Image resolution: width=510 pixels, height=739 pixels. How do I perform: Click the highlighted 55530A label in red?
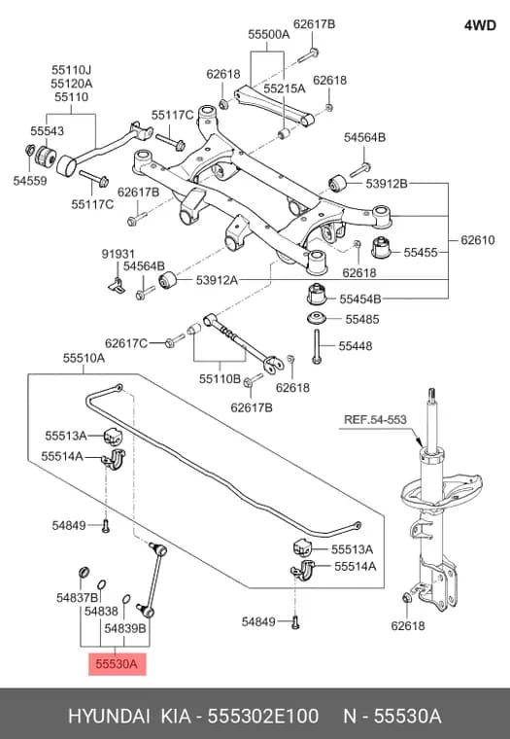[118, 664]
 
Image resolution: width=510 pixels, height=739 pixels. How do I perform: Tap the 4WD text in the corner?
[480, 25]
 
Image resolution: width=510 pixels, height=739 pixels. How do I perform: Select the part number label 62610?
[478, 240]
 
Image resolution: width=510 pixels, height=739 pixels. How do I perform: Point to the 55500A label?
[269, 34]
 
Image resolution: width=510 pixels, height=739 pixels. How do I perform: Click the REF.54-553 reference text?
[375, 419]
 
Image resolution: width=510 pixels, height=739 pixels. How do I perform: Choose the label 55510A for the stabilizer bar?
[84, 358]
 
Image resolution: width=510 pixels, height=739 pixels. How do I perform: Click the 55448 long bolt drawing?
[317, 346]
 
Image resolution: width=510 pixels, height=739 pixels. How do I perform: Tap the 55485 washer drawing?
[319, 318]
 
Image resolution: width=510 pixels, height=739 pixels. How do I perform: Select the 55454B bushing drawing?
[319, 293]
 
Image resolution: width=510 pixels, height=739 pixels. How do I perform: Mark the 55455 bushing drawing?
[382, 247]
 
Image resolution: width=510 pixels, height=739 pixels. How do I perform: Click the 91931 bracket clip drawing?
[117, 284]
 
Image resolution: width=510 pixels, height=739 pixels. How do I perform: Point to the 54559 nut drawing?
[29, 151]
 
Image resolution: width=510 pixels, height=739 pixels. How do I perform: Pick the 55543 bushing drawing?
[47, 156]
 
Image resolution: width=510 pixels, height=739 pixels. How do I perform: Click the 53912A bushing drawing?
[167, 280]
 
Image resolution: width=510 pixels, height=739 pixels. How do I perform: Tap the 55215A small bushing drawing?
[284, 133]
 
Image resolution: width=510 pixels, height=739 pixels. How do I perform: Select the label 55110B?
[220, 379]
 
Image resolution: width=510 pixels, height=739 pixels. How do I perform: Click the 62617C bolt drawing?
[175, 340]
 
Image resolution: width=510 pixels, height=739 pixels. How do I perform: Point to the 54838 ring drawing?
[101, 584]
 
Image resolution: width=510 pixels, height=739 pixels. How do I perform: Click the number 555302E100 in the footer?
[263, 716]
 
